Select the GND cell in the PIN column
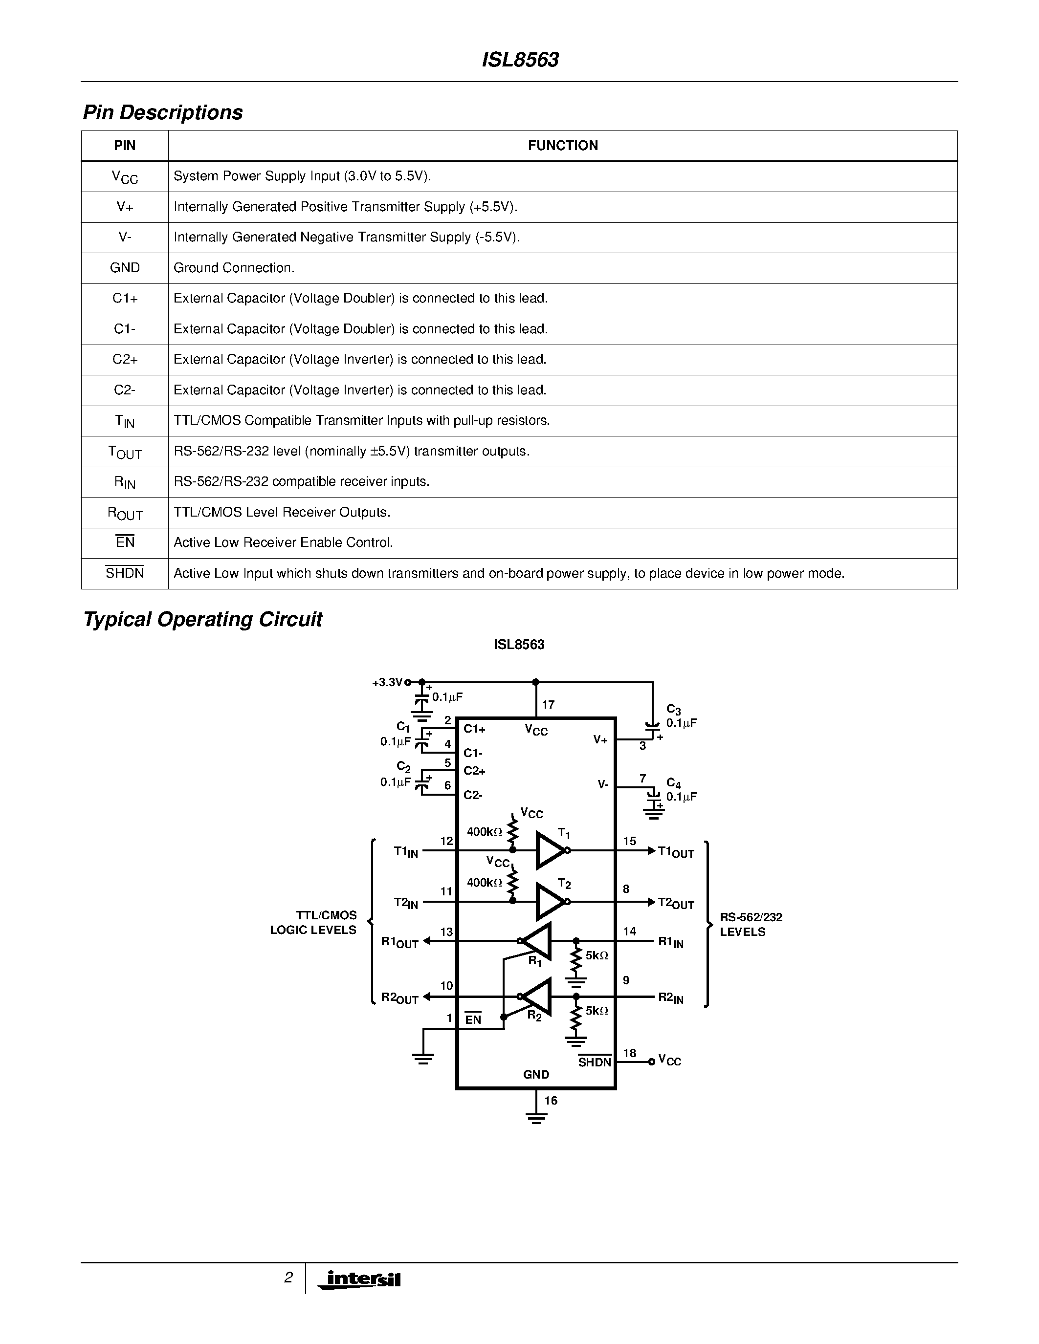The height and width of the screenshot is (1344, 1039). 125,268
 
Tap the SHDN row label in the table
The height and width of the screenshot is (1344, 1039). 125,573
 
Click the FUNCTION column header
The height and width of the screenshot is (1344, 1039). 563,146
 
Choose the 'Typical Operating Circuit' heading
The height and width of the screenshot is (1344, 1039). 202,619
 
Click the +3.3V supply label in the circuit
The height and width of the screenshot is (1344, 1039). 387,682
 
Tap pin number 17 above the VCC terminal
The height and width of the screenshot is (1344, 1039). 548,705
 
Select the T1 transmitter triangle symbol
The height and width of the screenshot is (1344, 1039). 550,850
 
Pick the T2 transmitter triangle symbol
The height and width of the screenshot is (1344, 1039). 550,902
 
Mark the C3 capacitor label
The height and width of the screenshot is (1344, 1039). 673,710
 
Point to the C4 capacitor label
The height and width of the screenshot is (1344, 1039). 673,783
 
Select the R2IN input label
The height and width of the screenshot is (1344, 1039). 671,997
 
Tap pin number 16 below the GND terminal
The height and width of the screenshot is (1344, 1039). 551,1100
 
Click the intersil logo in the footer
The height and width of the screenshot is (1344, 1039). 363,1279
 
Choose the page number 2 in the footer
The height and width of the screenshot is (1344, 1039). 288,1278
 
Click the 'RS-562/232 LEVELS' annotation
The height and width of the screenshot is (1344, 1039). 751,924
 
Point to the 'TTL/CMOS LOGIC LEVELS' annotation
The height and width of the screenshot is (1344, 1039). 313,922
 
